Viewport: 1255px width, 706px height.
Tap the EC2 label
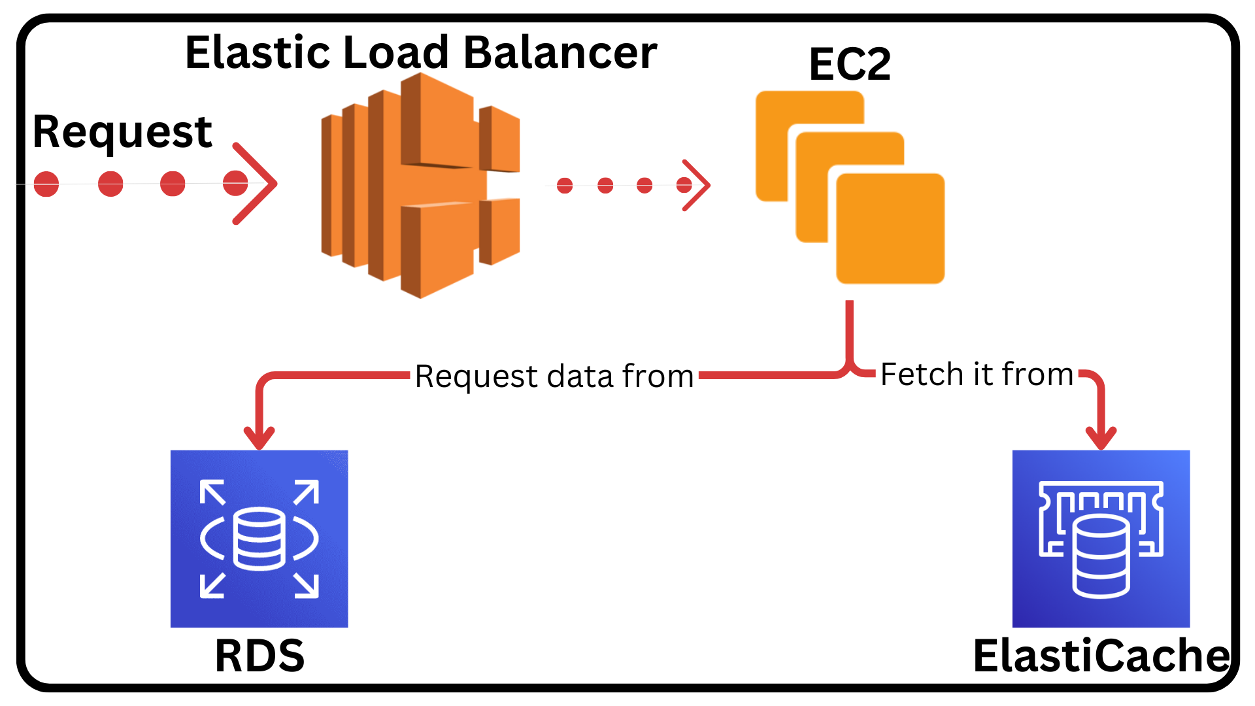click(x=849, y=64)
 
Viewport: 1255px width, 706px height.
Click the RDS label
click(x=259, y=656)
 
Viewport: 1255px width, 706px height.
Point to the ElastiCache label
click(x=1101, y=656)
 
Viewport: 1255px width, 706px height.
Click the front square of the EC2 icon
click(x=890, y=229)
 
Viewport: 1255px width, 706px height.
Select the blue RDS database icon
click(x=259, y=539)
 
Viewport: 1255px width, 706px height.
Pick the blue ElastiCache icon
click(x=1101, y=539)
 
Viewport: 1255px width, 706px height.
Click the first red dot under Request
click(x=46, y=184)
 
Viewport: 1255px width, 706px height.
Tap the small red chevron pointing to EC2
click(x=697, y=185)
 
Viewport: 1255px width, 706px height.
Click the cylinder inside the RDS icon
click(x=259, y=539)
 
